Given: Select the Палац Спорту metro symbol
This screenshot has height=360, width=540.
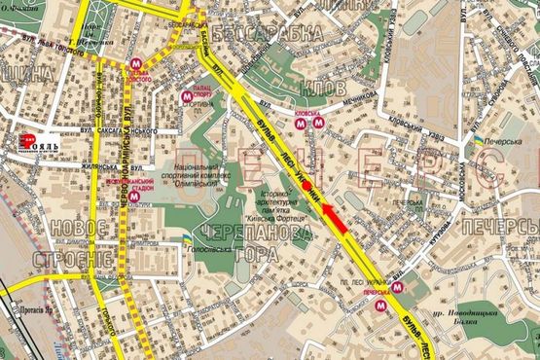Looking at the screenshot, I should coord(188,96).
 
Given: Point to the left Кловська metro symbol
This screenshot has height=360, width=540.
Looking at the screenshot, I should coord(302,123).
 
